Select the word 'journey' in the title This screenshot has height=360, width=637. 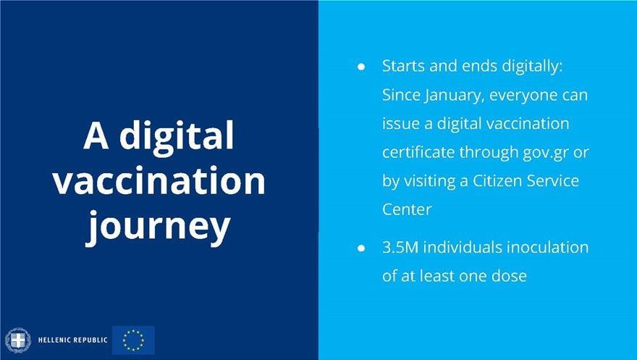(x=159, y=227)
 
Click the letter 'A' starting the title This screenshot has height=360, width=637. (x=96, y=135)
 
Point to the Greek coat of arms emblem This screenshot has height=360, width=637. (x=18, y=340)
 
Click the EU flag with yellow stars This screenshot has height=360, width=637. (x=133, y=340)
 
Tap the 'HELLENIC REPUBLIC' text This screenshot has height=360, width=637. (x=72, y=340)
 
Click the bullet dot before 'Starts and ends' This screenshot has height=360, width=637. (x=361, y=67)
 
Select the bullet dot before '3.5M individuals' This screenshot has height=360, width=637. (x=361, y=248)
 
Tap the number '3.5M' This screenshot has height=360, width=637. (x=400, y=248)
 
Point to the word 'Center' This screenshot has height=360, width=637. (x=407, y=209)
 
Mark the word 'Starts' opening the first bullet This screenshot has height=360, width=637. (x=403, y=66)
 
